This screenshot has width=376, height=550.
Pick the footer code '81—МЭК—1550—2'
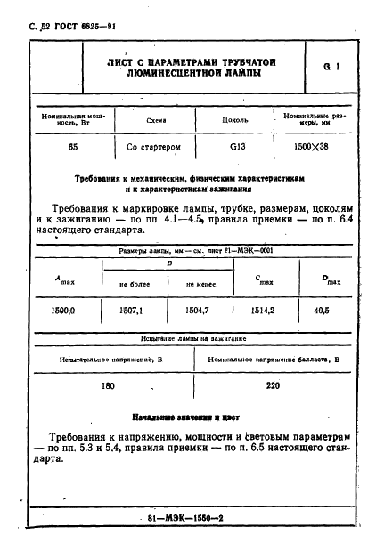[x=186, y=516]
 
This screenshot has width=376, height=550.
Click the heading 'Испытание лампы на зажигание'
[x=186, y=339]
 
